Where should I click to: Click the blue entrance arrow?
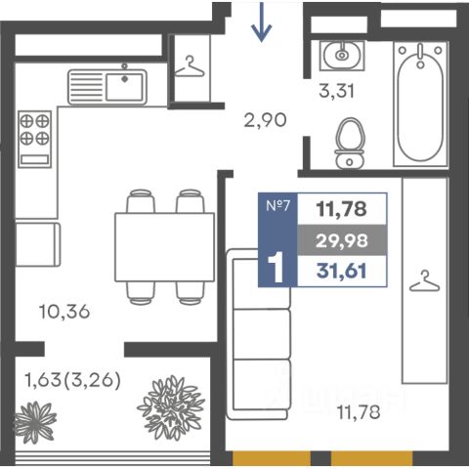click(261, 21)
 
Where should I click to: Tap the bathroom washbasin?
click(342, 56)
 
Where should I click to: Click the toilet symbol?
click(350, 144)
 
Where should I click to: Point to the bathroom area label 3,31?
click(336, 91)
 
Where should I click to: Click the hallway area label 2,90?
click(266, 120)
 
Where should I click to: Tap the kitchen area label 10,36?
click(64, 312)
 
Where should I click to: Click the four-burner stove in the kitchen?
click(34, 139)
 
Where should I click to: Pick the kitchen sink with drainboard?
click(107, 87)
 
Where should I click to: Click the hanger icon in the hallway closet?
click(190, 66)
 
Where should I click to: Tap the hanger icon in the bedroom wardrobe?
click(425, 280)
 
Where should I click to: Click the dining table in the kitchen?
click(165, 247)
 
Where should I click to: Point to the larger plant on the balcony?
click(171, 408)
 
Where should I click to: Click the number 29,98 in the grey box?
click(342, 241)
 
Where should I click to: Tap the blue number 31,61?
click(342, 271)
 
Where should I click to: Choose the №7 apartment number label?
click(277, 205)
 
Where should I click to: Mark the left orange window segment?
click(272, 458)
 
